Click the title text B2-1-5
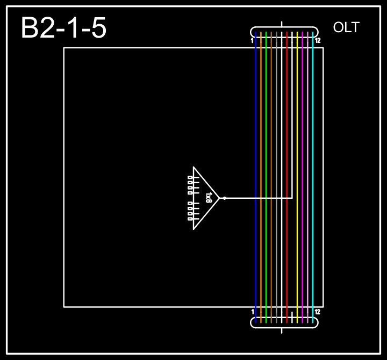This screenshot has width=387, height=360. click(x=63, y=28)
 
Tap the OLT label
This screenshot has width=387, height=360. click(x=346, y=28)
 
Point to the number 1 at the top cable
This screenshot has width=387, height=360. click(x=252, y=40)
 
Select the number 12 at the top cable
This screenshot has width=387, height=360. click(x=318, y=40)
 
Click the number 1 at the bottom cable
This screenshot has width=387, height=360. click(x=253, y=312)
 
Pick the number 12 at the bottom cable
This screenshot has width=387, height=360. click(x=318, y=312)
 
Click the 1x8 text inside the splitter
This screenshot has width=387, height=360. click(x=209, y=198)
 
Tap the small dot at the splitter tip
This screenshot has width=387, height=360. click(x=225, y=198)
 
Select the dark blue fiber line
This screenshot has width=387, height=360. click(x=256, y=134)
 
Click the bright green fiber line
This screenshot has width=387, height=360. click(x=266, y=134)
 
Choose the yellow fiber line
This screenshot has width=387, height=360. click(x=297, y=134)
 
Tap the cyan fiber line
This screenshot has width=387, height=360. click(x=313, y=134)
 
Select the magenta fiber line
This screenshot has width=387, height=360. click(x=303, y=134)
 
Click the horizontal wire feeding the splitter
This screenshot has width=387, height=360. click(x=258, y=198)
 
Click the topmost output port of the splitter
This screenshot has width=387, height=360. click(x=190, y=177)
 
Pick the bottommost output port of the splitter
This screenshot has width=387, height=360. click(x=190, y=219)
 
